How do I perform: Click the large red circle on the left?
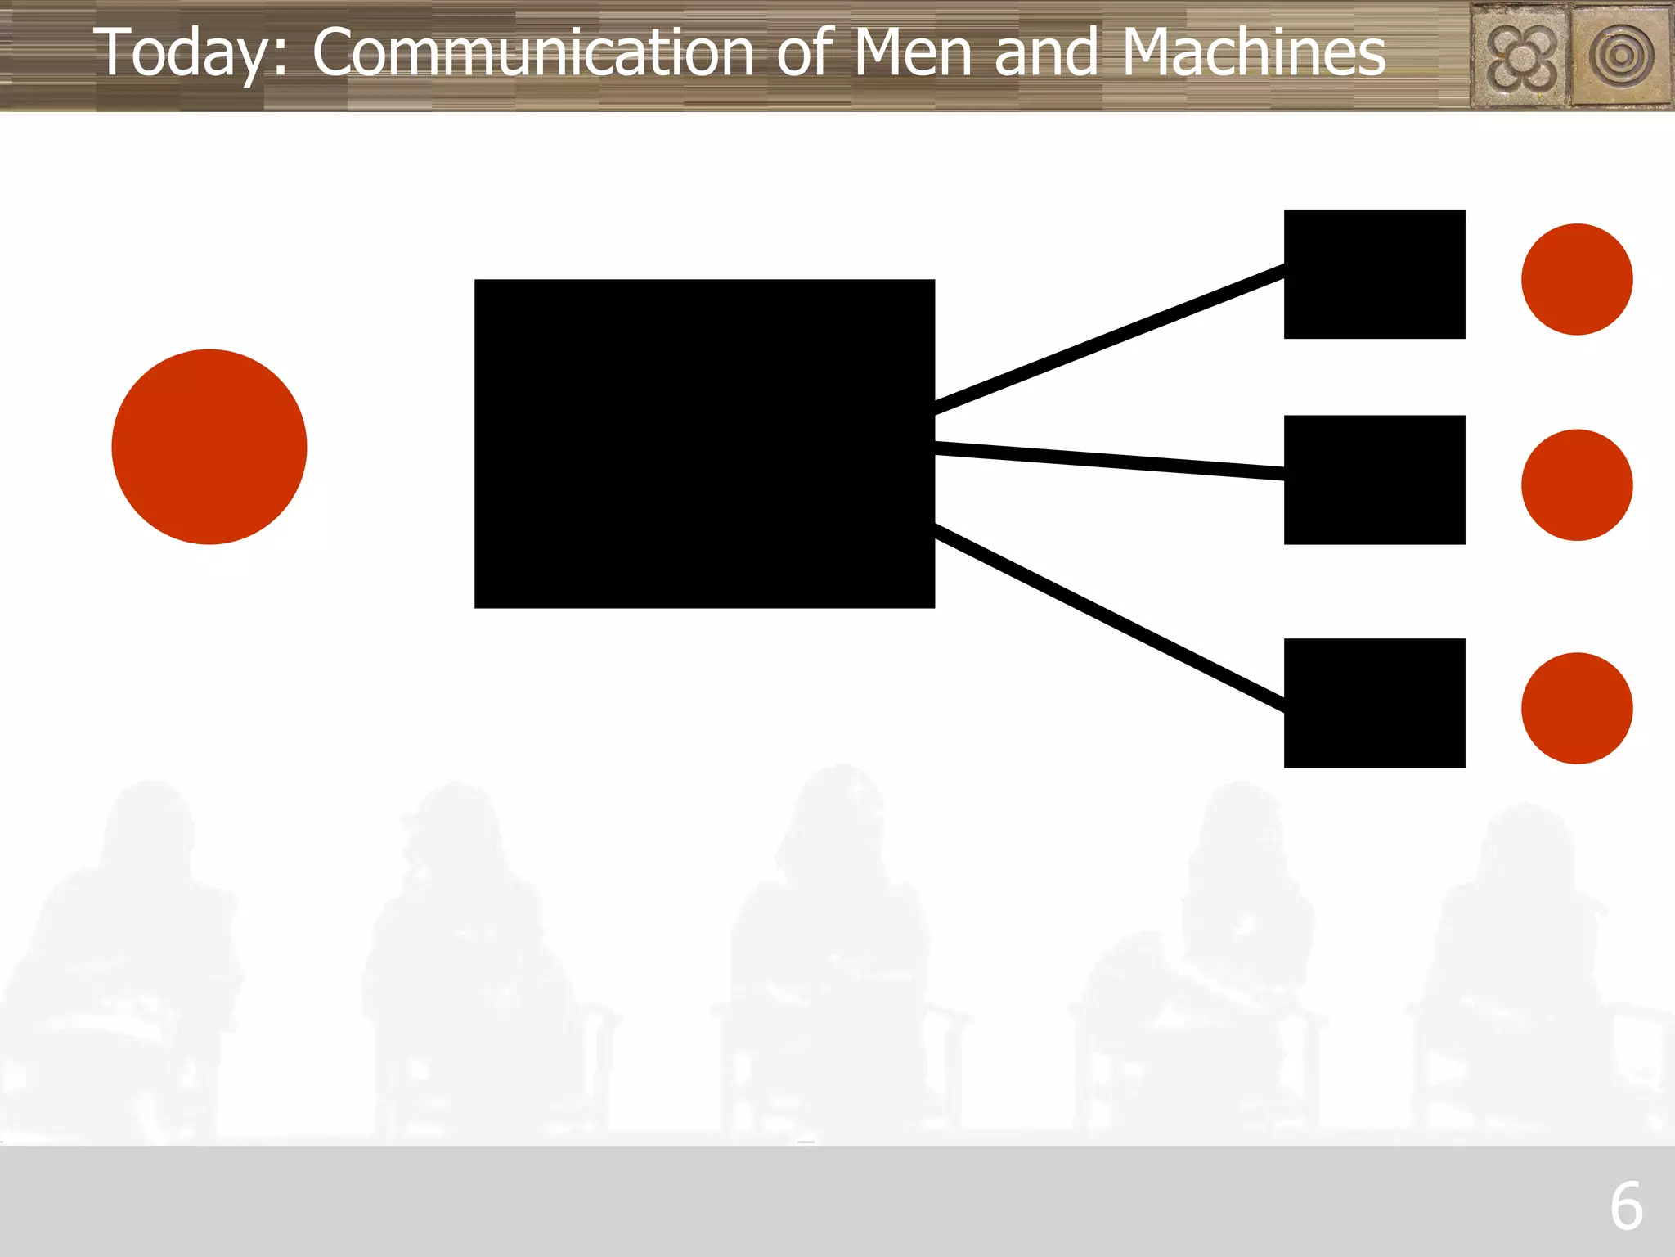[209, 447]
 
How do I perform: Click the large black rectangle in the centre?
[704, 444]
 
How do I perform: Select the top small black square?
[1374, 274]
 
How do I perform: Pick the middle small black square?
[1374, 480]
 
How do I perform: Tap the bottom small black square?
[1374, 703]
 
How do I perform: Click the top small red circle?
[1577, 279]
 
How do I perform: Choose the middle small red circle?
[1577, 485]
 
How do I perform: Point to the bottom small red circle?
[1577, 708]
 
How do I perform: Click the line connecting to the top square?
[1109, 338]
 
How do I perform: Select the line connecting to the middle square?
[1109, 461]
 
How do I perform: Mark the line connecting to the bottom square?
[1109, 617]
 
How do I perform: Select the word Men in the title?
[913, 52]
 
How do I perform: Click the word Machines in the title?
[1254, 52]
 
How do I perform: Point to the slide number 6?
[1626, 1206]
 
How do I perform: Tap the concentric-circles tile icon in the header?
[1621, 56]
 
